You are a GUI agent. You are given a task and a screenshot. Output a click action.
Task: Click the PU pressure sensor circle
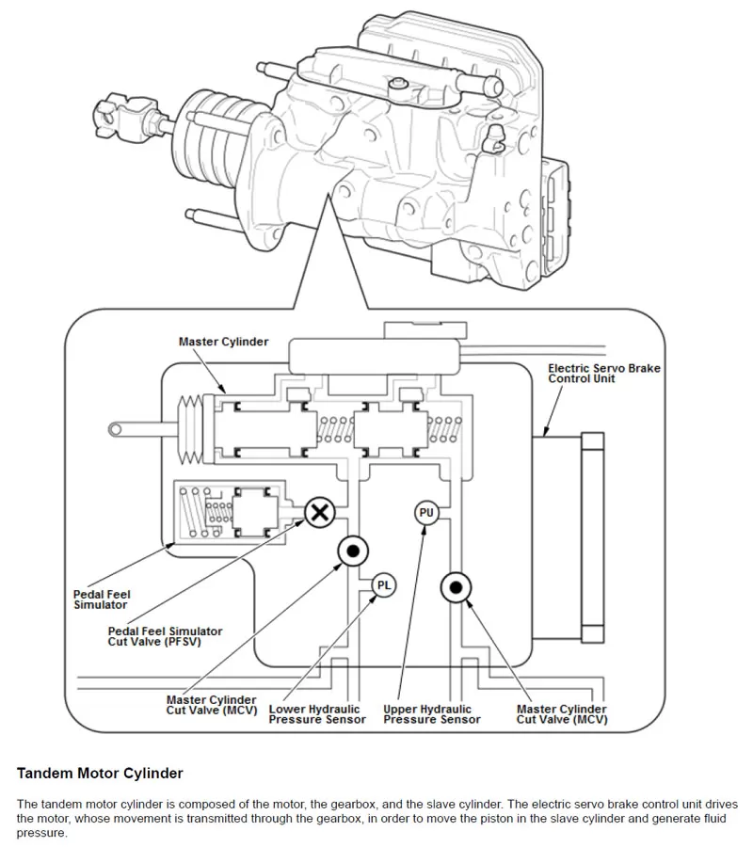pyautogui.click(x=426, y=513)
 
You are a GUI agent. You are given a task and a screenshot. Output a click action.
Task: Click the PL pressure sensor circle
pyautogui.click(x=383, y=584)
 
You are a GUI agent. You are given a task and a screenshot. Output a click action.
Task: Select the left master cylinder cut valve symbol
pyautogui.click(x=353, y=552)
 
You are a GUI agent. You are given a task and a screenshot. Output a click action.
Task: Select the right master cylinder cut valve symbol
pyautogui.click(x=456, y=588)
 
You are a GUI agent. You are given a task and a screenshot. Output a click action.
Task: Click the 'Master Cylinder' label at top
pyautogui.click(x=223, y=342)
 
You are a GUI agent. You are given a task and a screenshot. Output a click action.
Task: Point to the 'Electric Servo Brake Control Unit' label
pyautogui.click(x=603, y=374)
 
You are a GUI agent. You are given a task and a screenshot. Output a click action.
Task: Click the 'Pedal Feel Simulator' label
pyautogui.click(x=102, y=599)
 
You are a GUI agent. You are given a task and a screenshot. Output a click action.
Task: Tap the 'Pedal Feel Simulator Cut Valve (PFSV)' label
pyautogui.click(x=166, y=636)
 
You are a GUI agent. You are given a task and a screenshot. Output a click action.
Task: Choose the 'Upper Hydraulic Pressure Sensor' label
pyautogui.click(x=432, y=714)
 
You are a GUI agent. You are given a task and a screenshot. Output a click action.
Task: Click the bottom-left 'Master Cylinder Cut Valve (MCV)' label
pyautogui.click(x=211, y=706)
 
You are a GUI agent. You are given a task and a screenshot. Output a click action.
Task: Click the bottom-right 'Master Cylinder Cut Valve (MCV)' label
pyautogui.click(x=561, y=714)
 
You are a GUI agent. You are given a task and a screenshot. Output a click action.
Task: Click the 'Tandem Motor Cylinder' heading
pyautogui.click(x=100, y=774)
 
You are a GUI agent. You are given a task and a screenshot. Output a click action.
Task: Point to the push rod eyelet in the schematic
pyautogui.click(x=115, y=429)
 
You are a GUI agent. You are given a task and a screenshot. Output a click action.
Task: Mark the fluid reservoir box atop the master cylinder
pyautogui.click(x=376, y=355)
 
